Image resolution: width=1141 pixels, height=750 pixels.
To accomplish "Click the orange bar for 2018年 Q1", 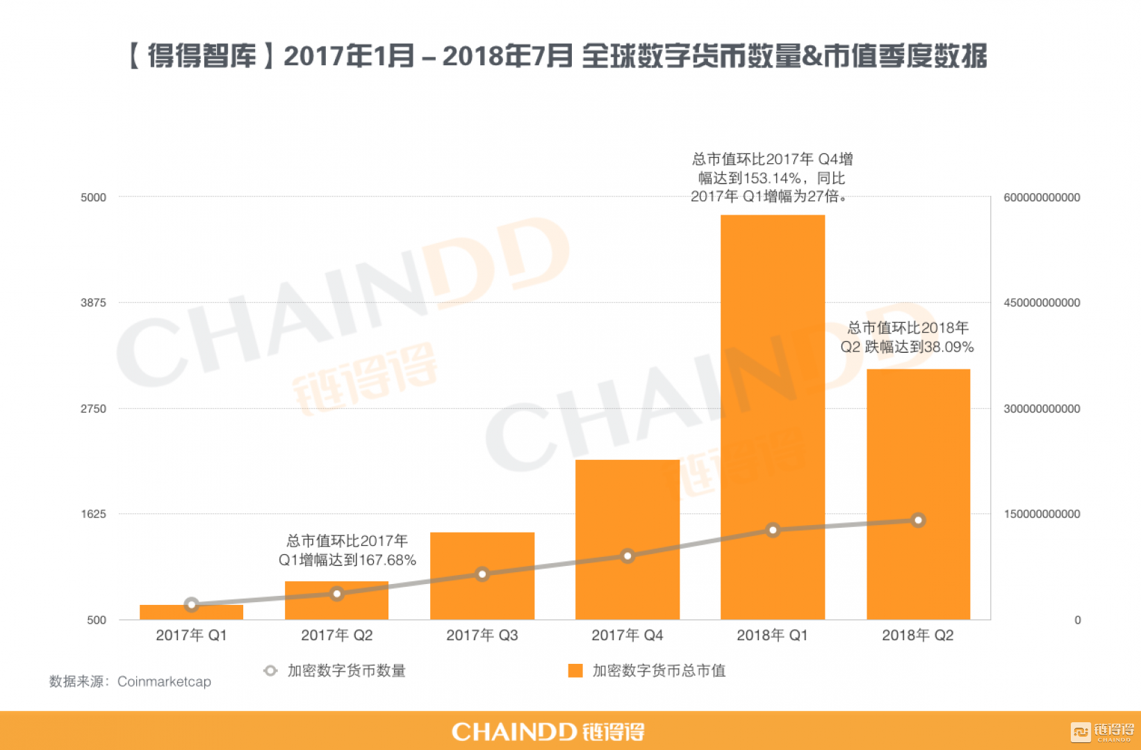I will coord(772,417).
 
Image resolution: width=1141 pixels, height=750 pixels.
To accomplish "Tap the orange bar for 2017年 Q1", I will coord(191,612).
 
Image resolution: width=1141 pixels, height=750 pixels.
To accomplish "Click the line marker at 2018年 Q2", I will coord(918,520).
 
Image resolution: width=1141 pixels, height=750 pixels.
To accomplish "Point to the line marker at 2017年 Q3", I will coord(482,574).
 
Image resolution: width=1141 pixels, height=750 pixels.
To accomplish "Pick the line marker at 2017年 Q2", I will coord(336,594).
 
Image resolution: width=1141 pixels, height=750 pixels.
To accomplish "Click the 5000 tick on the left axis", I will coord(94,197).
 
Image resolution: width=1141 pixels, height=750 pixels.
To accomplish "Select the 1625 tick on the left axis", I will coord(94,514).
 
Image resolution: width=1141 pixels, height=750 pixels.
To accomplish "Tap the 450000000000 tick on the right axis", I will coord(1041,303).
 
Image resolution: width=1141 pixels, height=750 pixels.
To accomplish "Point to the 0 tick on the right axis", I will coord(1077,620).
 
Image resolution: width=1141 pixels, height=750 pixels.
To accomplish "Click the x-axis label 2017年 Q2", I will coord(336,635).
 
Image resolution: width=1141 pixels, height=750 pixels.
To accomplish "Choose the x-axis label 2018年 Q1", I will coord(772,635).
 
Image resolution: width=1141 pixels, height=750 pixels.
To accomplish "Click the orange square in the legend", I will coord(575,670).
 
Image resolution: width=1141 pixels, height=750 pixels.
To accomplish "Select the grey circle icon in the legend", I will coord(270,670).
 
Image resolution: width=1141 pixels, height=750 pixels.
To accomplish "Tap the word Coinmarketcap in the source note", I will coord(164,681).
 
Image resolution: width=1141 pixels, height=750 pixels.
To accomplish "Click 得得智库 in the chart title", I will coord(202,56).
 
